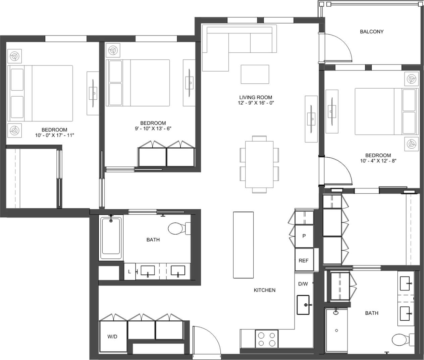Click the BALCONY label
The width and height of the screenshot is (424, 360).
(371, 32)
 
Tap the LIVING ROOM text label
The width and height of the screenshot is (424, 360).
(256, 97)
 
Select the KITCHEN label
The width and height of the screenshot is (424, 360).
(264, 290)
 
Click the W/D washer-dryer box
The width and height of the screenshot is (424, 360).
(113, 336)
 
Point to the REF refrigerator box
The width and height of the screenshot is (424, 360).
(304, 260)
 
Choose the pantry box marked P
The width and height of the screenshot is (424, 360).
(304, 236)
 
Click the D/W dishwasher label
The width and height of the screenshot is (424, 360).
(303, 284)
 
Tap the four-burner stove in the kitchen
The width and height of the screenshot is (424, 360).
(267, 339)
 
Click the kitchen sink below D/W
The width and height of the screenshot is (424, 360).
(303, 305)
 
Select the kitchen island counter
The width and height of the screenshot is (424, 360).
(244, 245)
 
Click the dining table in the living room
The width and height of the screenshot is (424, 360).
(259, 164)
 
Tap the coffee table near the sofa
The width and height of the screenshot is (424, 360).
(255, 74)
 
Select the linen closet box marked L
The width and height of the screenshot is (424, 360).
(129, 272)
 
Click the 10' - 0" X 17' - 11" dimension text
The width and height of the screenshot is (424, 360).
(54, 135)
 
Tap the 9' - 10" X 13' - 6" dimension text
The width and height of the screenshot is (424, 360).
(153, 128)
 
